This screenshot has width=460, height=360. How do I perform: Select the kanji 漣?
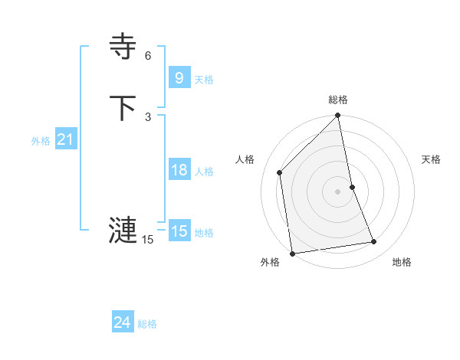(123, 229)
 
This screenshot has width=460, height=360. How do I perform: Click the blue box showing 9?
(179, 77)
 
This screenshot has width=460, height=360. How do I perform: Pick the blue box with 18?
(179, 170)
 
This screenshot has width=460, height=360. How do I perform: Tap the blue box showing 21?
(65, 139)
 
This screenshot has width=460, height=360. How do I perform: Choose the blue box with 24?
(122, 322)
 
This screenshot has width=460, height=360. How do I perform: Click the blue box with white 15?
(179, 231)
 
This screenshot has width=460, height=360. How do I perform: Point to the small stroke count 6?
(148, 56)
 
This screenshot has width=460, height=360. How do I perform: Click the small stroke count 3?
(148, 116)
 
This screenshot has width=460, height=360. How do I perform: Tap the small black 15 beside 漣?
(147, 240)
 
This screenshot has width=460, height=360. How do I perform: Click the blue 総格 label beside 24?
(147, 324)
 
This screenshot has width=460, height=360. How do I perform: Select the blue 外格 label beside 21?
(41, 141)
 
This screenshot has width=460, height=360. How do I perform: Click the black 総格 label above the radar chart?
(338, 100)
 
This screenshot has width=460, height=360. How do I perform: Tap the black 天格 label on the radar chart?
(432, 159)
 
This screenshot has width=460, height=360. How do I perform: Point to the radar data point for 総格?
(338, 116)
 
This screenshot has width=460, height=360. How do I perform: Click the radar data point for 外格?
(293, 253)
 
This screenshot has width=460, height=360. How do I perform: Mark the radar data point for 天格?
(352, 186)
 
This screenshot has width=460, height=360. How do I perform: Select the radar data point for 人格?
(280, 172)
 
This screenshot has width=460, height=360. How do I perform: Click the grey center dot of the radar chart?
(338, 191)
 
